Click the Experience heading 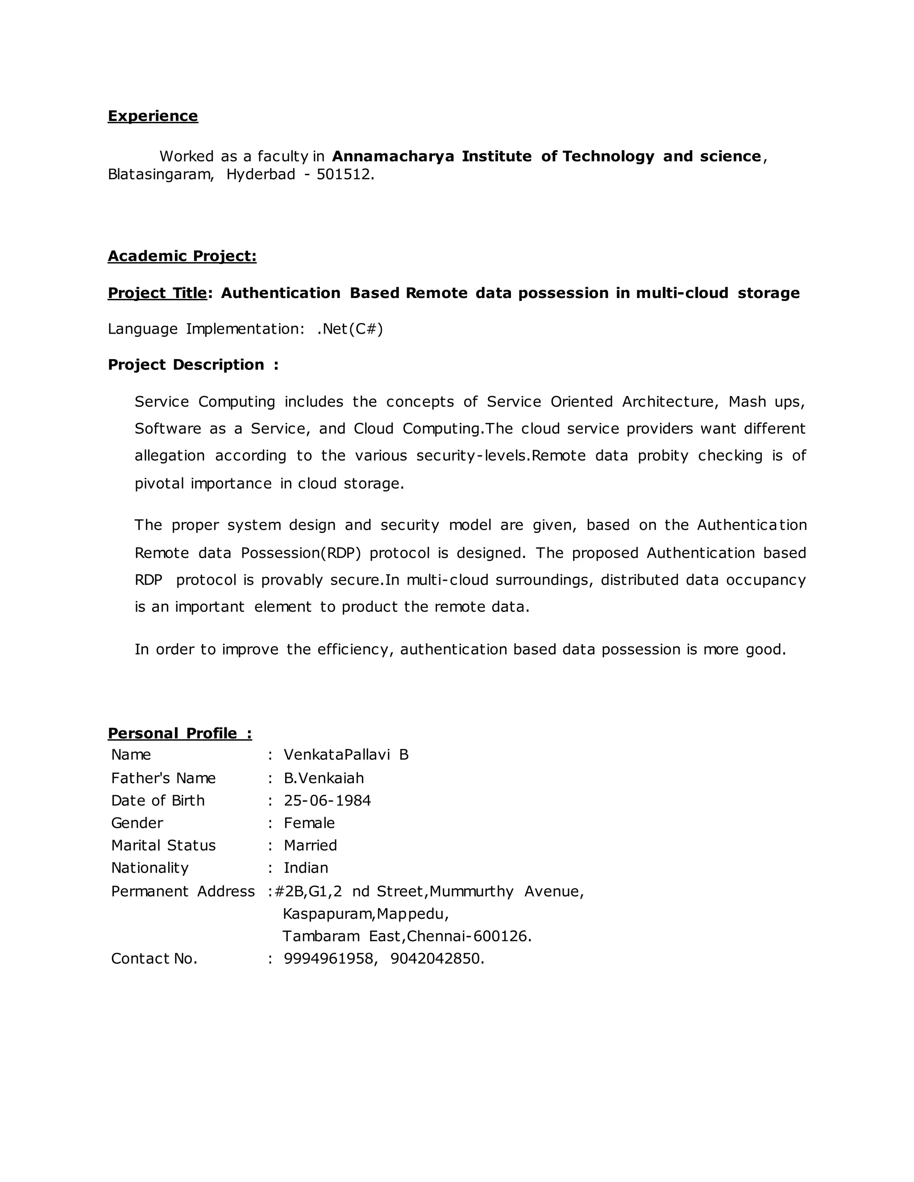pos(153,116)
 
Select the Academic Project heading pos(182,256)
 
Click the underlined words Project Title pos(157,293)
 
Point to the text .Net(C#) pos(350,329)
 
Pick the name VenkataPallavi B pos(346,754)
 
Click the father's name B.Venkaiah pos(324,778)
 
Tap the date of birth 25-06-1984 pos(327,801)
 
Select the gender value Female pos(309,823)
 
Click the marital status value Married pos(310,845)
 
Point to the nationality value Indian pos(306,868)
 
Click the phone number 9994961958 pos(328,959)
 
